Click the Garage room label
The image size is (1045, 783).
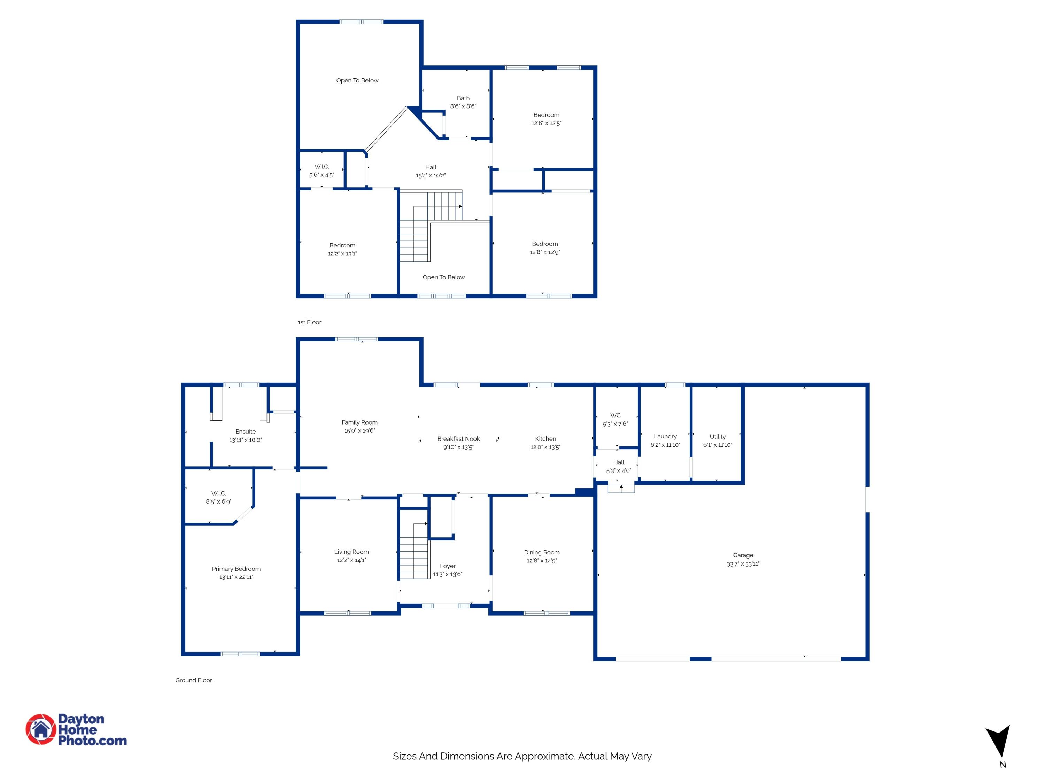click(x=743, y=555)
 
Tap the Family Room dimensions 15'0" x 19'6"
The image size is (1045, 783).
click(x=359, y=430)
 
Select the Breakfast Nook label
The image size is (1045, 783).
click(x=458, y=438)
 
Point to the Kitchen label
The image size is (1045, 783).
click(x=545, y=438)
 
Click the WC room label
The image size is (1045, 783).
click(x=615, y=415)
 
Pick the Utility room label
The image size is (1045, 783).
click(x=717, y=437)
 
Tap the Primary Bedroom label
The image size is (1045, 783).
click(x=236, y=569)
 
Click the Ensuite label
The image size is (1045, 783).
click(x=245, y=432)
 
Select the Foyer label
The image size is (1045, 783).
click(x=447, y=566)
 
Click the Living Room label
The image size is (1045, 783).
click(x=351, y=552)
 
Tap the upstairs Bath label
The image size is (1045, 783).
click(x=463, y=98)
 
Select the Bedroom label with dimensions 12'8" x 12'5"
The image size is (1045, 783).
click(x=546, y=115)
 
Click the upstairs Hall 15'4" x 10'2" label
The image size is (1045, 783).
click(x=431, y=167)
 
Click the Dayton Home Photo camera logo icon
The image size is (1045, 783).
click(x=41, y=729)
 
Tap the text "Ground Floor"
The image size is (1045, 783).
click(x=193, y=680)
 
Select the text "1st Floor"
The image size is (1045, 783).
click(x=309, y=322)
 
